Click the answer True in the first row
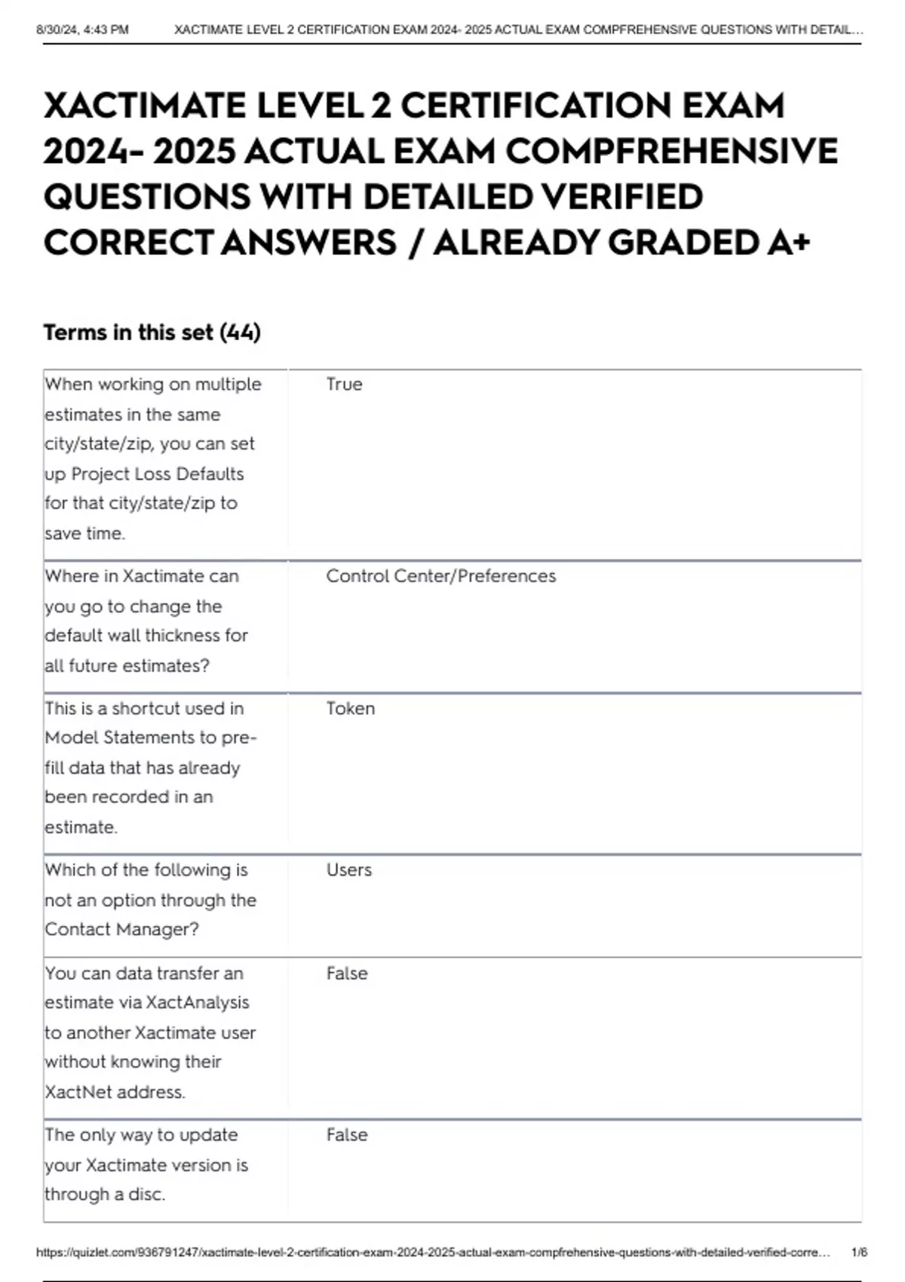(344, 385)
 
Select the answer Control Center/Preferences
(440, 576)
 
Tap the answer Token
(350, 709)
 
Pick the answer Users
(348, 870)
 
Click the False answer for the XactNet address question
(347, 974)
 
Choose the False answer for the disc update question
(347, 1135)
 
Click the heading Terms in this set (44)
(152, 333)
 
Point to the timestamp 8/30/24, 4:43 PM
(82, 30)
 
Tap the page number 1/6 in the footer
(859, 1253)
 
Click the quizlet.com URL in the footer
(433, 1253)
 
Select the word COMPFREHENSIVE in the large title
(671, 152)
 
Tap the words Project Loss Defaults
(157, 474)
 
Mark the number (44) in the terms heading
(240, 333)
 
